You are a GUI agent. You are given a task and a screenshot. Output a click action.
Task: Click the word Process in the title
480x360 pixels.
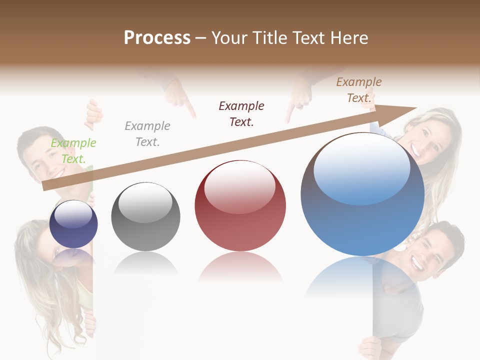coord(157,37)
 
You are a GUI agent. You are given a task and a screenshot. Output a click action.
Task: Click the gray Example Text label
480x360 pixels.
coord(147,134)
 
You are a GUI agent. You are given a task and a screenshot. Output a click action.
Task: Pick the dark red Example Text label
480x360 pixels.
coord(241,113)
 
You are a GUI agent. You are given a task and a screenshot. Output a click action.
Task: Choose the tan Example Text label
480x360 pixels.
coord(359,90)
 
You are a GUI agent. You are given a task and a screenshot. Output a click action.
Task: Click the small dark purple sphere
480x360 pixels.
coord(73,224)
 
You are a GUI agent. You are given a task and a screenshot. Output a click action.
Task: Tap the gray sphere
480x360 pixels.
coord(145,216)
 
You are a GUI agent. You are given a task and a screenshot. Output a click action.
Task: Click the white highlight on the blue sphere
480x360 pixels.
coord(361,167)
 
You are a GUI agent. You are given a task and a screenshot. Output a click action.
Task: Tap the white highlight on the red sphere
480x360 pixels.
coord(240,186)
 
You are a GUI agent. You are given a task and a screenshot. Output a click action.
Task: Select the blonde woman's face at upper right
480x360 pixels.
coord(430,140)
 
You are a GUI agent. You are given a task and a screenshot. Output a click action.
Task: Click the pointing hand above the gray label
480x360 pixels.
coord(180,98)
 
